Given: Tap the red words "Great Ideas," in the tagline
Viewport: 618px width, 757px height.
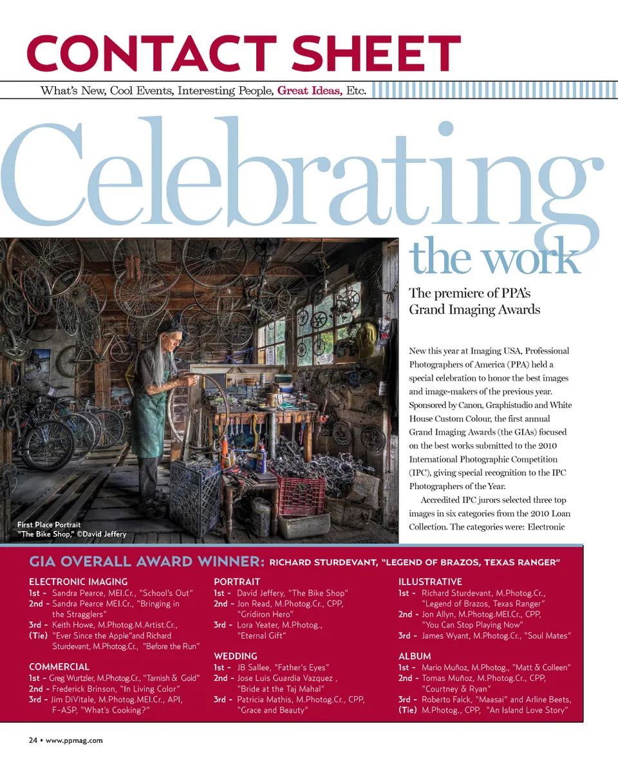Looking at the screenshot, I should point(309,91).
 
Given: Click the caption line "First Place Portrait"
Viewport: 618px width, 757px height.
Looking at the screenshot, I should point(49,525).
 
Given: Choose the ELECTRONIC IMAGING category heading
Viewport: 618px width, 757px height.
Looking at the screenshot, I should point(78,582).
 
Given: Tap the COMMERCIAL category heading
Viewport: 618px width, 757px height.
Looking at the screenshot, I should point(59,667).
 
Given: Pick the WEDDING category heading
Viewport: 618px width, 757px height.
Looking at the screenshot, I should point(235,657).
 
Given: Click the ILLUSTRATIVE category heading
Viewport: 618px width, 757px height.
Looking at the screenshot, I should point(430,582).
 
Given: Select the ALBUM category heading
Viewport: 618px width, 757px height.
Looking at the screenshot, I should point(415,657).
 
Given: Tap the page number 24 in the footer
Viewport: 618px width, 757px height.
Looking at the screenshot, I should point(32,740).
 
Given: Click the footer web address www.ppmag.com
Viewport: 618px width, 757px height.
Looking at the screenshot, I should point(74,740).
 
